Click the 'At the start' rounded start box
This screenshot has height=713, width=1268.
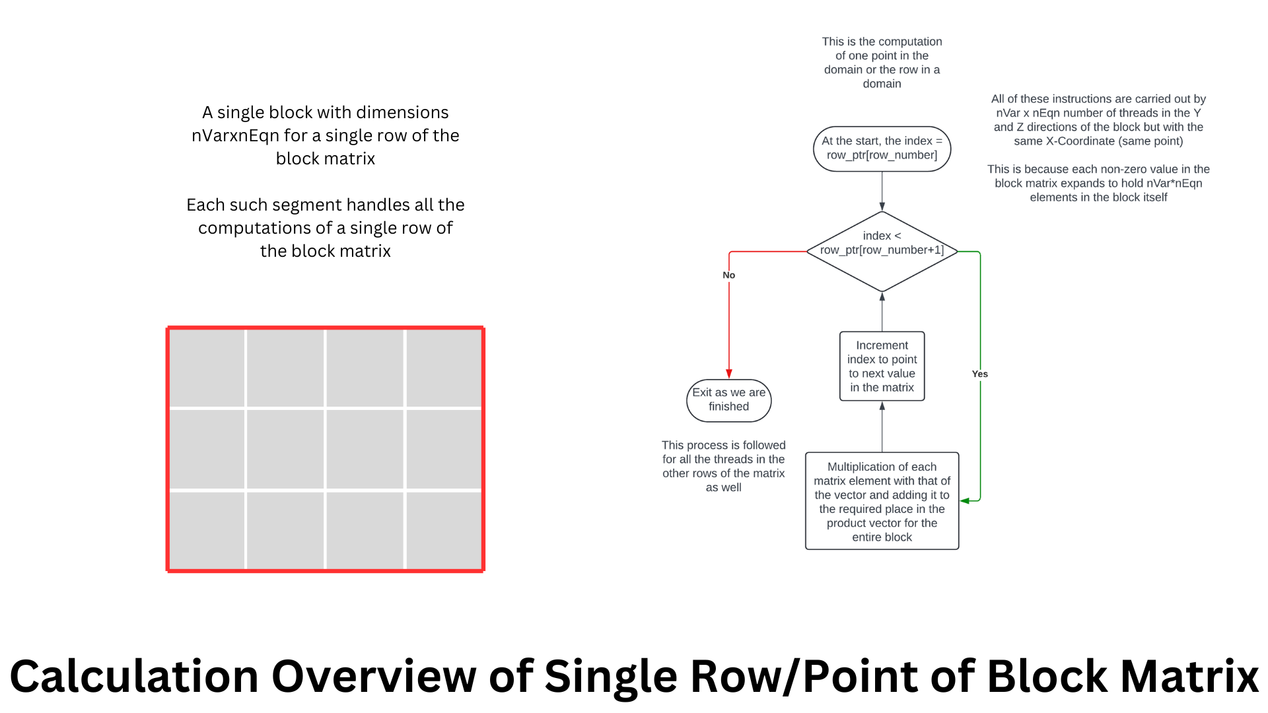point(882,149)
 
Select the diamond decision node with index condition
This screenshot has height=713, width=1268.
point(882,251)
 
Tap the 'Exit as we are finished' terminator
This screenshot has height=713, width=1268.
point(728,400)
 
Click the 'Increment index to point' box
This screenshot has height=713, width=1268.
point(882,366)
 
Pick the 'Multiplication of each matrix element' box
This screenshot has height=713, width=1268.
point(882,501)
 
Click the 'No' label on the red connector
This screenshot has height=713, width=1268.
point(728,275)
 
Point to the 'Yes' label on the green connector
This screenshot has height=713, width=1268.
point(979,374)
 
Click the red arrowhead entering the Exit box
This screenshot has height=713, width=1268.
point(729,374)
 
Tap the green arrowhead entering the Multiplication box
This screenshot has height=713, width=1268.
point(965,501)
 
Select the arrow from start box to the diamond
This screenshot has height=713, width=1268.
point(882,191)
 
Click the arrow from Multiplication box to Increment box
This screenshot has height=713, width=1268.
point(882,427)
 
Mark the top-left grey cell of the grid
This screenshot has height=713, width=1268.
point(207,368)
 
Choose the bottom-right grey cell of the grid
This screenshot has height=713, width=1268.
point(444,529)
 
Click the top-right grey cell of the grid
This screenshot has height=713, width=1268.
point(444,368)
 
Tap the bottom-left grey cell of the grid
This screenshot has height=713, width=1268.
point(207,529)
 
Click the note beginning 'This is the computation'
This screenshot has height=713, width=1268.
point(882,63)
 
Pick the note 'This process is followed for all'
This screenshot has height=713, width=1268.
point(723,466)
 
